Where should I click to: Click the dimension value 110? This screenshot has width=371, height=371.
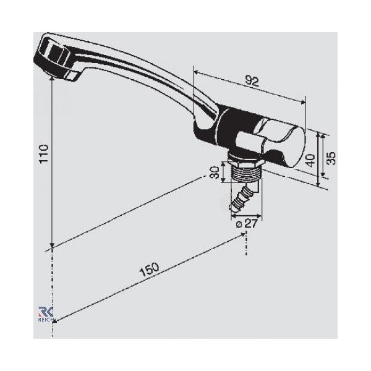coord(44,153)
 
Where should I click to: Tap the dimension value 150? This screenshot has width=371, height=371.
coord(149,270)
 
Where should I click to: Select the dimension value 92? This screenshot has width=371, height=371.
coord(252,81)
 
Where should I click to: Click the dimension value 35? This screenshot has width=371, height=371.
coord(331,158)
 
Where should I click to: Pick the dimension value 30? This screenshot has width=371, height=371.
coord(215,173)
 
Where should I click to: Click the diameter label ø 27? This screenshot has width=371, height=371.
coord(246,223)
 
